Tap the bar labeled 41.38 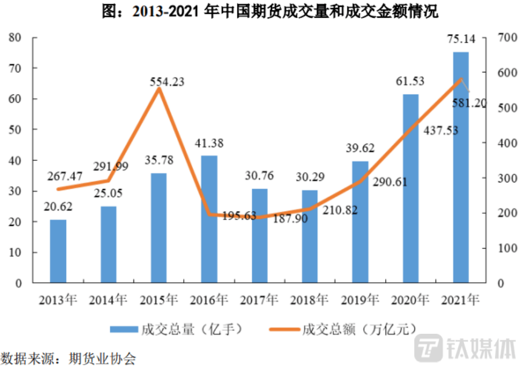click(209, 219)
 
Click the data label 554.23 click(167, 82)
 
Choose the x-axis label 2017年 click(260, 300)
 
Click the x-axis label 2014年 click(108, 300)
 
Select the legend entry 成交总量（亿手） click(176, 329)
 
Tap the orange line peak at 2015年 click(159, 89)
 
